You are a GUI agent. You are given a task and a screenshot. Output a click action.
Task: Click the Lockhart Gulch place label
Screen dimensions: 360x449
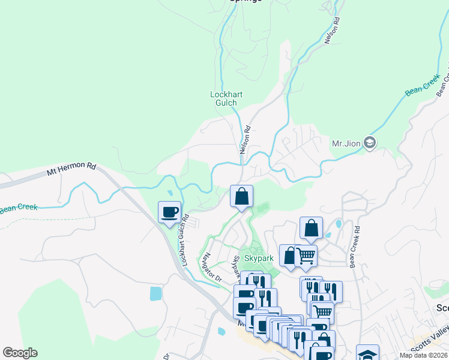[x=223, y=98]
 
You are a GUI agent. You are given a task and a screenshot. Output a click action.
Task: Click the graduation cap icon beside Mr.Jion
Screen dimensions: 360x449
[x=370, y=143]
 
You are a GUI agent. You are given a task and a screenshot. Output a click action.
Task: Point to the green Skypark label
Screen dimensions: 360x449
[x=259, y=258]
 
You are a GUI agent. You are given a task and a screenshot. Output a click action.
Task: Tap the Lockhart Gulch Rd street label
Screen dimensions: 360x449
[x=182, y=239]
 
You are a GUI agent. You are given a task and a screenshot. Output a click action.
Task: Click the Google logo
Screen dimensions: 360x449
[x=20, y=353]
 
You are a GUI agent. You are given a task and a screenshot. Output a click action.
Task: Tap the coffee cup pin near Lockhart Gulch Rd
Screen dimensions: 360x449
[x=169, y=212]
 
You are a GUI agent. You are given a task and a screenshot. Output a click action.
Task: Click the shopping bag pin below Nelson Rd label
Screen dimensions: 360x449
[x=241, y=197]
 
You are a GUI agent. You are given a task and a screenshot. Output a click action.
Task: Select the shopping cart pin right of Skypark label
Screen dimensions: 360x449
[x=306, y=256]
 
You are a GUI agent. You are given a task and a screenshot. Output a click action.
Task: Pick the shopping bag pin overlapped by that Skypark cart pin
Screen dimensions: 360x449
[x=289, y=256]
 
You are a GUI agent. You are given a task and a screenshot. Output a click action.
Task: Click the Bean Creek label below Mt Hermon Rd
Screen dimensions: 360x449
[x=19, y=208]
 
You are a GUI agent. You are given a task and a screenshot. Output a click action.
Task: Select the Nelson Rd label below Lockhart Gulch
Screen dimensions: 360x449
[x=245, y=140]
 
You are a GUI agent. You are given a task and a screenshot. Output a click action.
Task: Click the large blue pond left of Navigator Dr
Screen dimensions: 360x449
[x=155, y=293]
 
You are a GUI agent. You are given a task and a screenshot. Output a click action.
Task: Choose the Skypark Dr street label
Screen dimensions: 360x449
[x=236, y=269]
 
